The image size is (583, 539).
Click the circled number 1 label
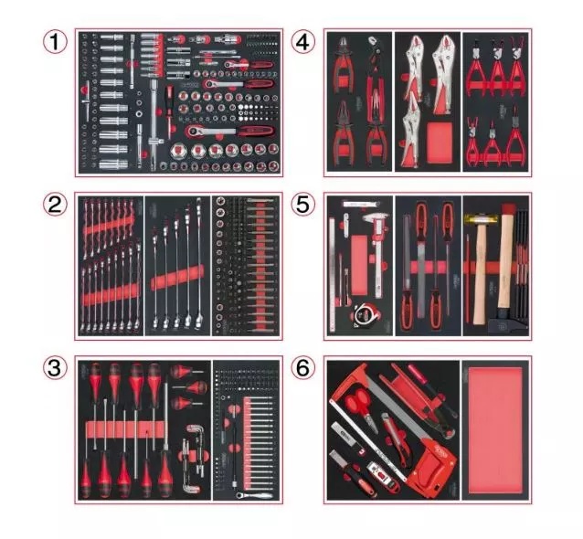pyautogui.click(x=57, y=41)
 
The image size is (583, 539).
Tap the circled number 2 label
pyautogui.click(x=57, y=206)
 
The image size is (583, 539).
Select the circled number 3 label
pyautogui.click(x=57, y=367)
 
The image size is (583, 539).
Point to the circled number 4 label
pyautogui.click(x=303, y=41)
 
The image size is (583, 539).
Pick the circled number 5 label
pyautogui.click(x=303, y=206)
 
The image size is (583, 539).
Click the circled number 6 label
pyautogui.click(x=303, y=367)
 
